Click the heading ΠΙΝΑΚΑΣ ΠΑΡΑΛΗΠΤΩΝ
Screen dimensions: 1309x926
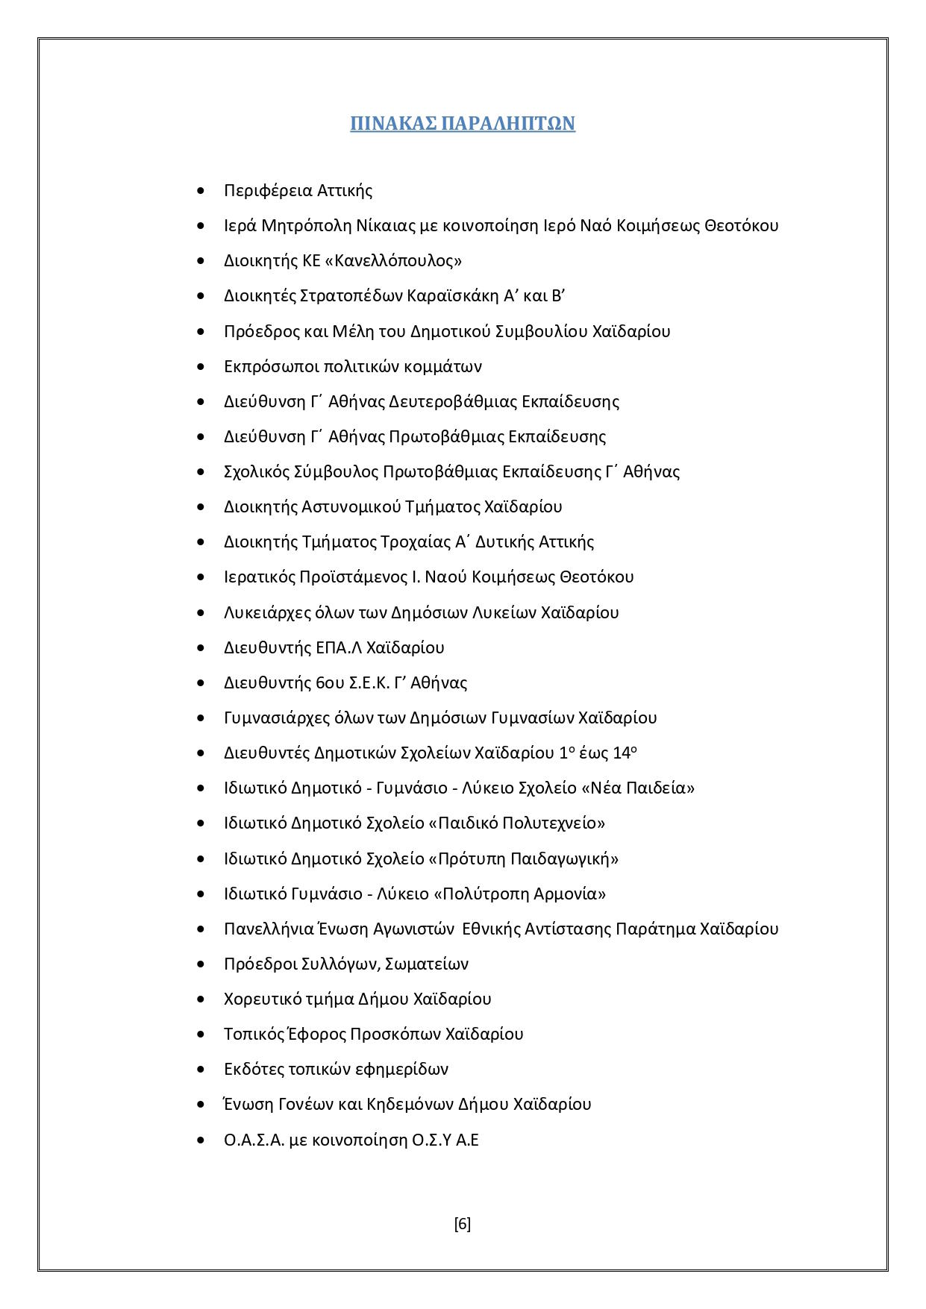(x=463, y=123)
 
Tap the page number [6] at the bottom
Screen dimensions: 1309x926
(x=462, y=1224)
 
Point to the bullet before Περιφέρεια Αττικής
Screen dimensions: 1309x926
(x=200, y=191)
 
